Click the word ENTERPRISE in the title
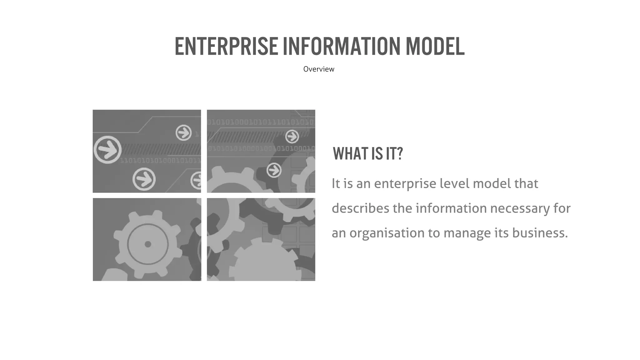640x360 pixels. click(226, 47)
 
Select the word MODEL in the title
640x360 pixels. click(435, 47)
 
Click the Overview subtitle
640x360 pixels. click(318, 69)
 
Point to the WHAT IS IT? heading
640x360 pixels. click(368, 154)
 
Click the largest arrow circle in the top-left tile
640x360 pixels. click(107, 150)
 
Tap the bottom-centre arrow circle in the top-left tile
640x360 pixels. click(144, 179)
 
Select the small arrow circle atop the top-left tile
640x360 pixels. click(183, 133)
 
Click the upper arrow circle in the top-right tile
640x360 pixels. click(292, 137)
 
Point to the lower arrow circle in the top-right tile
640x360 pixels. click(274, 171)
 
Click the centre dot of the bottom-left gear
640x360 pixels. click(148, 244)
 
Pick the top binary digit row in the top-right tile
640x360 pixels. click(261, 122)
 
